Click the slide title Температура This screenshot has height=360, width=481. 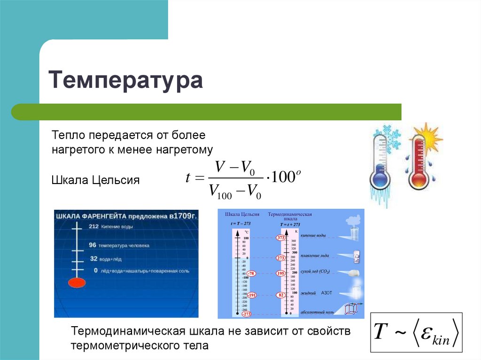click(x=126, y=81)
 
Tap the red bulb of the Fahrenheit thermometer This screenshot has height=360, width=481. click(x=75, y=283)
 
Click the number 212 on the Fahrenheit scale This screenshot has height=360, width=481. click(x=93, y=226)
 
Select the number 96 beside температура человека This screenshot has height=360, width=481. click(x=93, y=245)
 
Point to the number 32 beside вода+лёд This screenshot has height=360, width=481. click(x=93, y=258)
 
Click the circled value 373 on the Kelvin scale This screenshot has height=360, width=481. click(x=281, y=238)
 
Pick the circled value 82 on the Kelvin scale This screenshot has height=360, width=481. click(x=281, y=295)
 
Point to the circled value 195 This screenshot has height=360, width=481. click(x=281, y=273)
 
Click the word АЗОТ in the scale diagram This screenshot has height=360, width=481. click(x=327, y=293)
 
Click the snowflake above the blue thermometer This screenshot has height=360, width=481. click(x=389, y=136)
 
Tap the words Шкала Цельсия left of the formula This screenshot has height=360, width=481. click(x=95, y=180)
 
